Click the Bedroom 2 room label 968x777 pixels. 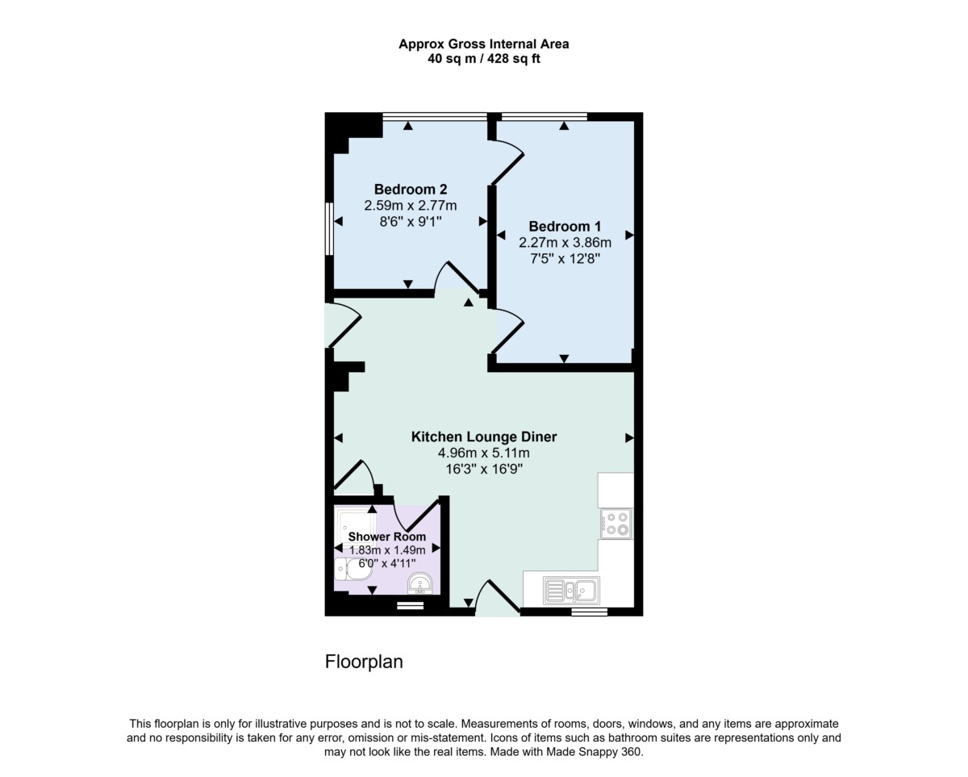(x=411, y=189)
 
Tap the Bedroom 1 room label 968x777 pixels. (x=565, y=226)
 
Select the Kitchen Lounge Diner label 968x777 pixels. (x=483, y=437)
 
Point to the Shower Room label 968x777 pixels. (x=387, y=537)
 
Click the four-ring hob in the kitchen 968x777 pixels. (x=616, y=524)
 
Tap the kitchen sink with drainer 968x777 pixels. (x=571, y=590)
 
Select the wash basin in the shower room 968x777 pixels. (x=419, y=584)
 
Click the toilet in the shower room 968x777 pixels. (x=353, y=569)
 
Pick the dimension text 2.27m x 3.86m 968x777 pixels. (x=565, y=243)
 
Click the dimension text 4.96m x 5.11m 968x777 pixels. (x=483, y=453)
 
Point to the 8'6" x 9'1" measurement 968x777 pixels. (x=411, y=221)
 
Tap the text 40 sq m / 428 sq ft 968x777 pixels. (x=483, y=58)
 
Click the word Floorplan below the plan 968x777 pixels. (x=364, y=662)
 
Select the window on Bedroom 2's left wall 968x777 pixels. (x=329, y=228)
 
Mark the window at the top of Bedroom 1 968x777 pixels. (x=544, y=117)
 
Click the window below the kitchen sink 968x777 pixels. (x=589, y=612)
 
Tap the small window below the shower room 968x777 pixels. (x=411, y=607)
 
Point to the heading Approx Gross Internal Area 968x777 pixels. (x=483, y=44)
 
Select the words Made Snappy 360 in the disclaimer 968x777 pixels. (x=594, y=752)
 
